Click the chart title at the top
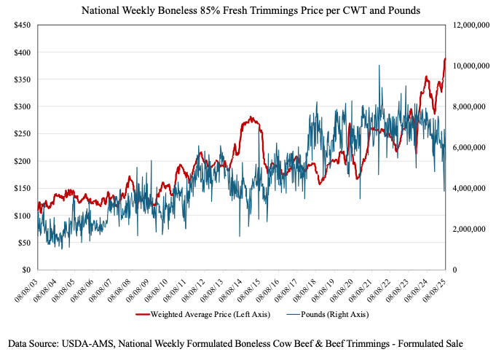tap(248, 10)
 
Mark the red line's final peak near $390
tap(444, 59)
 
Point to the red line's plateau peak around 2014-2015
tap(250, 117)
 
